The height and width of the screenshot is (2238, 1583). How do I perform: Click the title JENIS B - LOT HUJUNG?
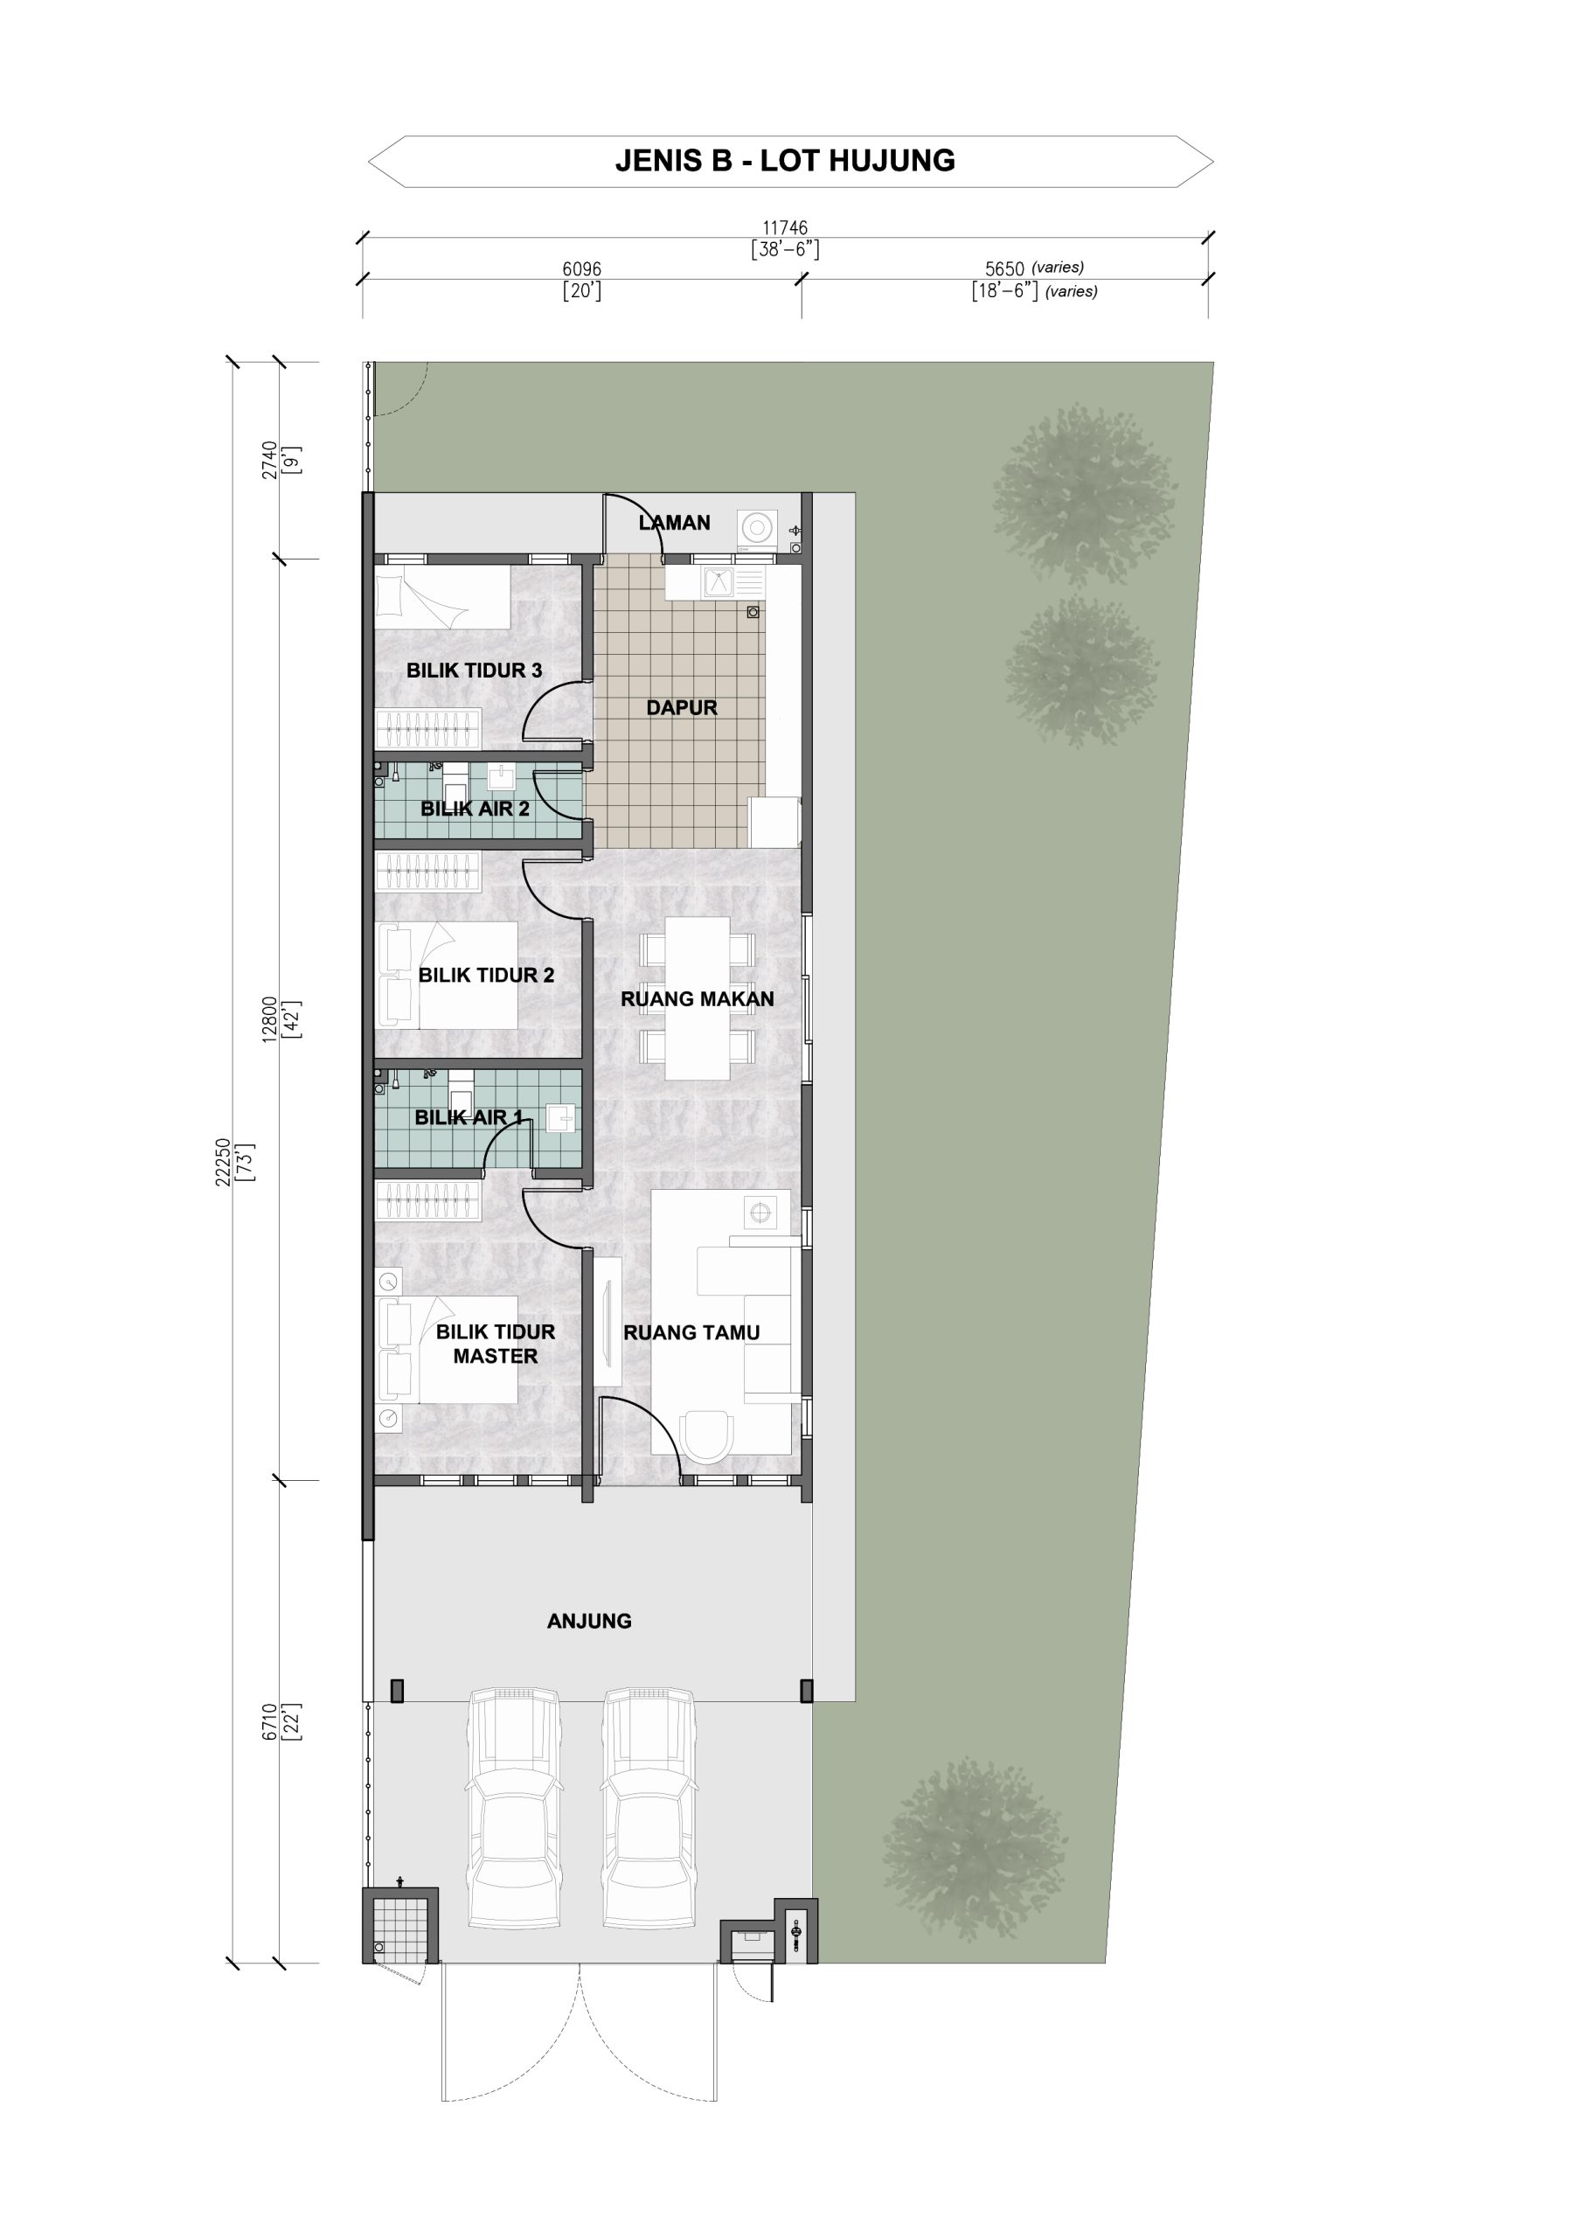click(x=785, y=161)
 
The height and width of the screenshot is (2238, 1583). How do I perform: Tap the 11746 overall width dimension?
click(x=785, y=228)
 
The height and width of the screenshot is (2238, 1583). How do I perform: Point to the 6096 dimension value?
click(x=582, y=269)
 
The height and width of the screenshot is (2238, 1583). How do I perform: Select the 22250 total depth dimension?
click(x=223, y=1162)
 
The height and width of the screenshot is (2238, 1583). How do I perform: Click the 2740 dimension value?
click(x=269, y=460)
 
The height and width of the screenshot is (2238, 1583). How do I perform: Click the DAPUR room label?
click(x=681, y=707)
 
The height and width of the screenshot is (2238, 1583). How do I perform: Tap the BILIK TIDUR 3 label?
click(x=474, y=671)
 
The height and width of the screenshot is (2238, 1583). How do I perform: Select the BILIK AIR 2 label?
click(x=475, y=808)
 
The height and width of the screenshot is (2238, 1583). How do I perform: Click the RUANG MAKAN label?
click(x=697, y=999)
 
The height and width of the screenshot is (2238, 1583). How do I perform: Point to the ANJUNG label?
click(x=589, y=1621)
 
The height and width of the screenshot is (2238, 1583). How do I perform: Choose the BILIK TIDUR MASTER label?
click(x=495, y=1345)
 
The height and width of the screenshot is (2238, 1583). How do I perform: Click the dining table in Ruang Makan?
click(x=697, y=998)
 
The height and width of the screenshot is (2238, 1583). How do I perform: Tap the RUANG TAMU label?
click(x=691, y=1332)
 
